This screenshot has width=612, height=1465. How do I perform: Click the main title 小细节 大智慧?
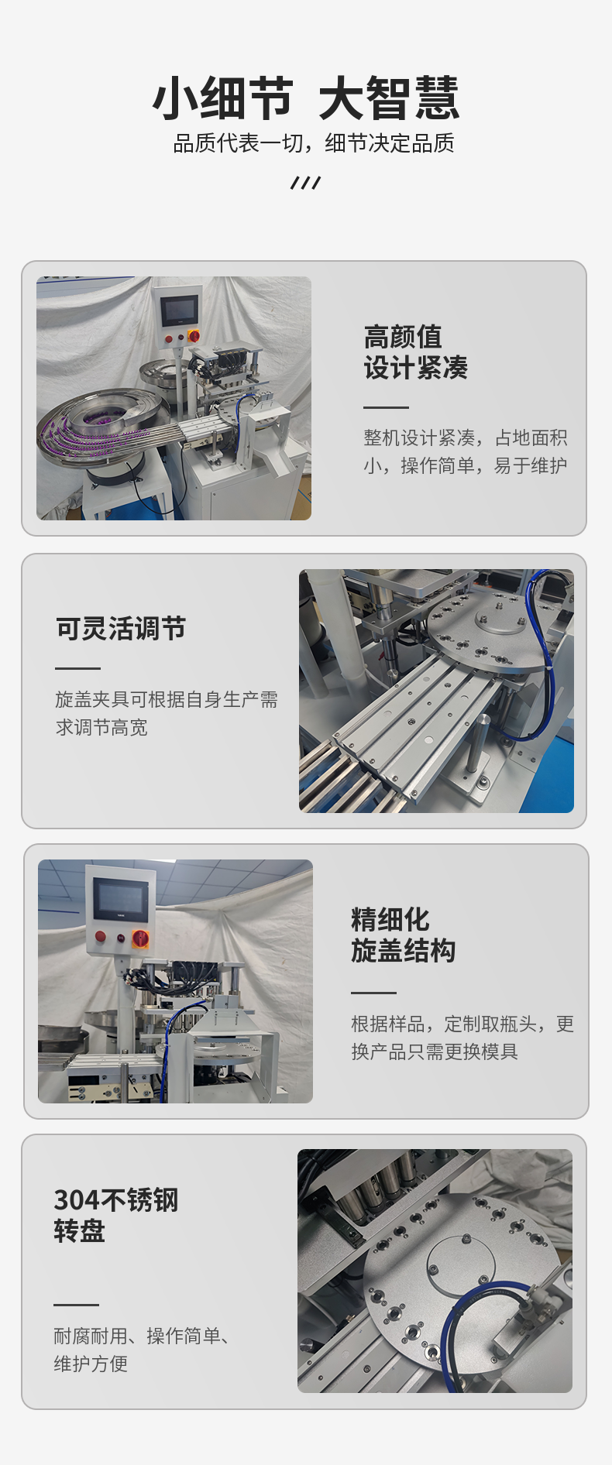(x=306, y=98)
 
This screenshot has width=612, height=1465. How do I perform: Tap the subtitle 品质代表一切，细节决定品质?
(x=314, y=143)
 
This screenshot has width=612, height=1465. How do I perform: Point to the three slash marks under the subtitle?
(x=305, y=183)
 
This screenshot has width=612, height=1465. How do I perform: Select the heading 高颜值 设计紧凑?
(x=416, y=352)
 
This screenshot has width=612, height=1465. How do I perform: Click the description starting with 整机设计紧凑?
(x=466, y=451)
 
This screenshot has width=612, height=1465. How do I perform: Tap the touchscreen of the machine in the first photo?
(x=179, y=310)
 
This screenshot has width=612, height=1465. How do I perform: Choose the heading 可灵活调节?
(x=121, y=629)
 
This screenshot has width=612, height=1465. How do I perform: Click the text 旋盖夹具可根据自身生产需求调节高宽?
(x=167, y=713)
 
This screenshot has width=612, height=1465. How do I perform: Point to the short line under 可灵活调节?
(x=77, y=668)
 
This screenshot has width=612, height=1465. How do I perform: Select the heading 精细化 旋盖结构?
(x=403, y=935)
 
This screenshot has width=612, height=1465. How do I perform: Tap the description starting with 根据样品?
(x=462, y=1038)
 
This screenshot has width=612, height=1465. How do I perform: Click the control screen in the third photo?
(x=120, y=899)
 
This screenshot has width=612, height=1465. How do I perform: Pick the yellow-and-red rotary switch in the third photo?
(x=141, y=938)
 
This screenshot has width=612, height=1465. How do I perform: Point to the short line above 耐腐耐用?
(x=76, y=1305)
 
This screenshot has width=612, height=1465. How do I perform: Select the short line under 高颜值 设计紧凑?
(x=386, y=407)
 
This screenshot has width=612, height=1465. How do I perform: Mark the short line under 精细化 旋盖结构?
(x=373, y=993)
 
